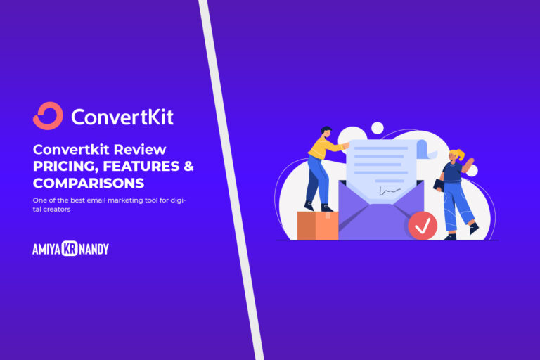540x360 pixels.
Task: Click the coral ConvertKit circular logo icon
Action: pos(48,116)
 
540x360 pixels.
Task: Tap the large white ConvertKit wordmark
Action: pos(122,116)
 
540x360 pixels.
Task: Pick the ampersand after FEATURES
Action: pos(188,167)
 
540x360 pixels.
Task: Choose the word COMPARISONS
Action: pos(89,184)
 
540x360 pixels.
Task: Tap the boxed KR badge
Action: pos(70,249)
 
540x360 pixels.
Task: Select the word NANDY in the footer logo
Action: pos(94,249)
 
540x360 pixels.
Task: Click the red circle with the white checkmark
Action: pos(422,226)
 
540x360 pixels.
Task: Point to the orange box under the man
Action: pos(316,225)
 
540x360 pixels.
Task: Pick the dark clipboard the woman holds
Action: pos(439,184)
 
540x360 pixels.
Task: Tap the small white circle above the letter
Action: pos(378,127)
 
